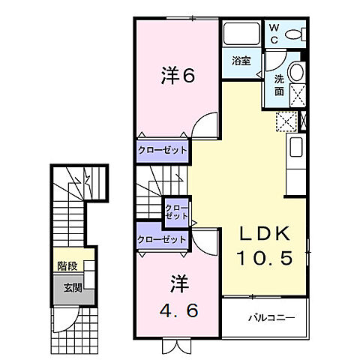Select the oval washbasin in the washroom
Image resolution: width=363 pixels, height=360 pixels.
(297, 73)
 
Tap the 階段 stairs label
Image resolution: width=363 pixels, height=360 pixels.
(66, 265)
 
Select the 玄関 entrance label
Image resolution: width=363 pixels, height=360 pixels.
(66, 286)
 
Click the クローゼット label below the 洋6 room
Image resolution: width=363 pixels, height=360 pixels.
(161, 150)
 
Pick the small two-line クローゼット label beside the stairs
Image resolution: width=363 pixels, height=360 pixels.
(177, 210)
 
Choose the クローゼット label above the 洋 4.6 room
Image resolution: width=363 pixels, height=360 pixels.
(161, 239)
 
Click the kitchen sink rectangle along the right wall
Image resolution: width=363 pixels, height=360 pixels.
(295, 147)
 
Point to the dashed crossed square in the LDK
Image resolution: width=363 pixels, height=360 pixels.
(286, 121)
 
